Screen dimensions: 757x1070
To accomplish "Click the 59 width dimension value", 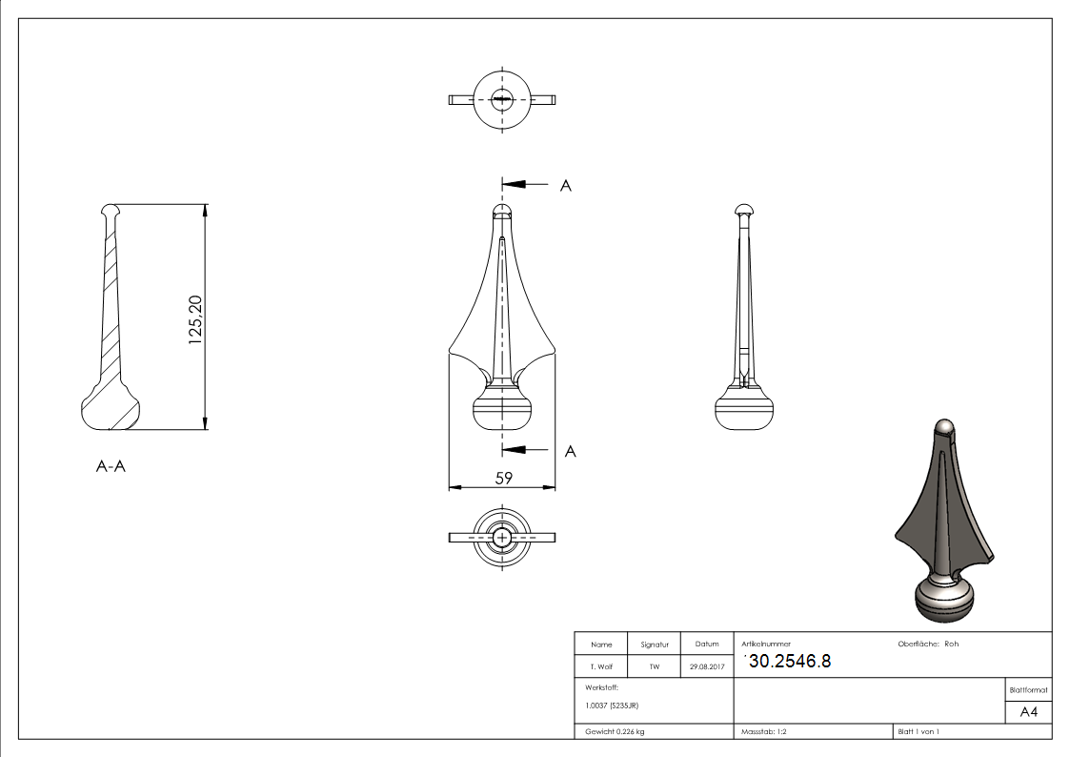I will coord(502,478).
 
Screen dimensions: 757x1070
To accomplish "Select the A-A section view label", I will coord(111,467).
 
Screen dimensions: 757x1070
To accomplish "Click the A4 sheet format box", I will coord(1028,712).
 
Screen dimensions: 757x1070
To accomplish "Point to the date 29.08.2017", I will coord(706,666).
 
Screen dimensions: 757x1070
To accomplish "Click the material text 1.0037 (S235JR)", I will coord(612,705).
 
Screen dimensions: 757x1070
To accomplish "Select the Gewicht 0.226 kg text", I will coord(615,731).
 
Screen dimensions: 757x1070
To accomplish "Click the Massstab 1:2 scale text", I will coord(763,731).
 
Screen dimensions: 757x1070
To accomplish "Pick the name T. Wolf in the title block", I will coord(601,666).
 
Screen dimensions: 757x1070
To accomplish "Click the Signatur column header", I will coord(654,644).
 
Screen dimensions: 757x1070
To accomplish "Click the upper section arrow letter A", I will coord(565,186).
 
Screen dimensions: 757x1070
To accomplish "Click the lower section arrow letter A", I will coord(570,451).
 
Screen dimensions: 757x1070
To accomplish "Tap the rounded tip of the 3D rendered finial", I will coord(943,428).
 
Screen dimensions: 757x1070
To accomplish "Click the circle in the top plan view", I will coord(502,98).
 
